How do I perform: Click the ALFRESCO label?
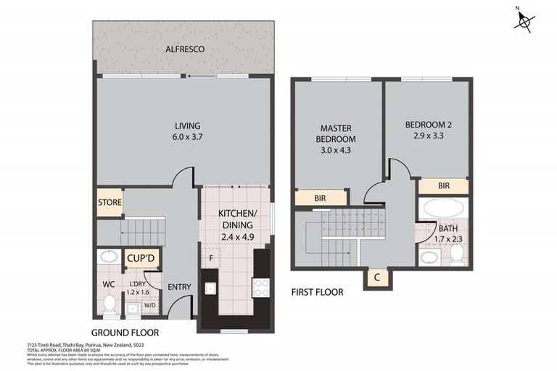[184, 49]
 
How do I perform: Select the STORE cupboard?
[110, 202]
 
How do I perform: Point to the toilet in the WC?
[110, 302]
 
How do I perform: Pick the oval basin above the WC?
[110, 257]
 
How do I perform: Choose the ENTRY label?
[179, 287]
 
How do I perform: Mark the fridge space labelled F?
[210, 257]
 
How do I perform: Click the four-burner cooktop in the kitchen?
[261, 287]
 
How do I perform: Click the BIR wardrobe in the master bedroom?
[319, 197]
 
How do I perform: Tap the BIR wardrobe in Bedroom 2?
[443, 185]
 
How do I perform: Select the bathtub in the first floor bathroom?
[444, 210]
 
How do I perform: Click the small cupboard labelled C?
[377, 278]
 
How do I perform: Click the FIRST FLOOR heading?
[317, 292]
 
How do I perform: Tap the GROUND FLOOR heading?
[125, 333]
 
